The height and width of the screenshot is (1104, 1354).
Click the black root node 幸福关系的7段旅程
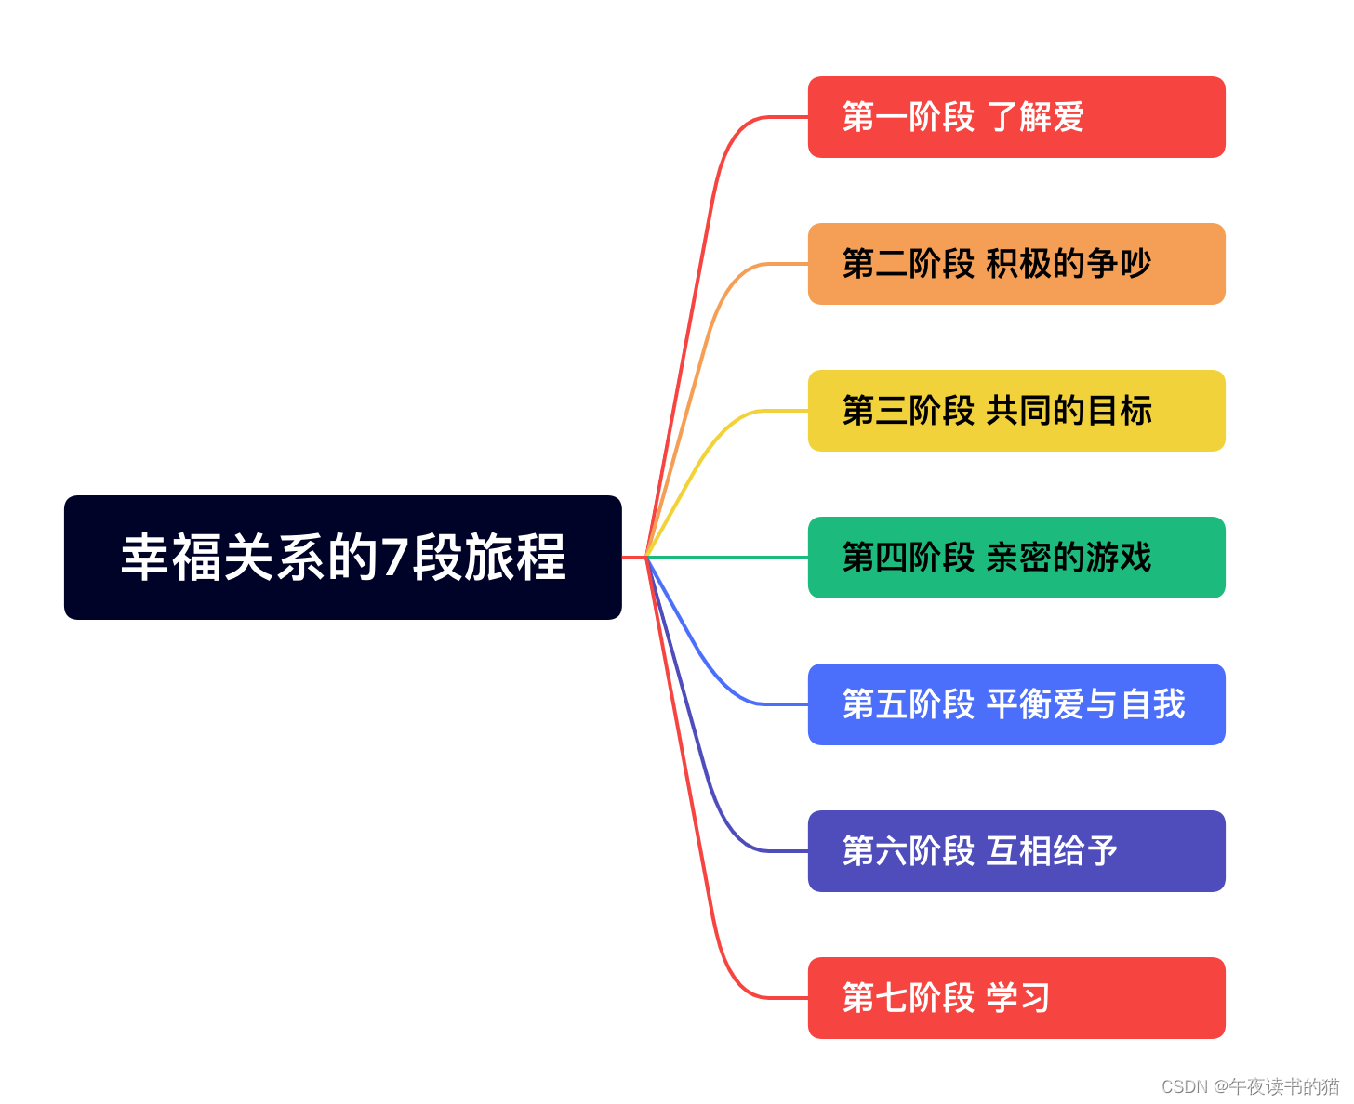click(342, 558)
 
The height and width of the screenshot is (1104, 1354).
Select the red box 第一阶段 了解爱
click(1015, 117)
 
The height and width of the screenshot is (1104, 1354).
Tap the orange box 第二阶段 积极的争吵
click(1015, 264)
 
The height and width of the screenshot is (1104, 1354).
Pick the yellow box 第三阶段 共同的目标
click(1015, 411)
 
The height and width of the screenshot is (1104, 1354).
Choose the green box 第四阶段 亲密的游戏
click(1015, 558)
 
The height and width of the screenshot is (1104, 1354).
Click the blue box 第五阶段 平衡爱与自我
click(1015, 704)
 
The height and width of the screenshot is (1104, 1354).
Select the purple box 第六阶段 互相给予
click(1015, 851)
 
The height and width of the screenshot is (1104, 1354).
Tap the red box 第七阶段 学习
click(1015, 998)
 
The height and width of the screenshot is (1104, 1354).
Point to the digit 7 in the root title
click(395, 559)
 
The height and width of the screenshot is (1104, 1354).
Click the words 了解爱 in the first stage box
click(1035, 117)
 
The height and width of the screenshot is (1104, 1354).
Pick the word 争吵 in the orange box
click(1119, 264)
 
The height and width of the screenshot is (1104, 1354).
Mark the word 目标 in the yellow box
click(1120, 411)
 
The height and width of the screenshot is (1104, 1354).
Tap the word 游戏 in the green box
click(1119, 558)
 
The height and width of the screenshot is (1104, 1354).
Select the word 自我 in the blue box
click(1153, 704)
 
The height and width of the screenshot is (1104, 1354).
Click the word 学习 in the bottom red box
click(1018, 998)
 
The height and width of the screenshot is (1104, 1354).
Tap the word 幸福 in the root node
click(172, 558)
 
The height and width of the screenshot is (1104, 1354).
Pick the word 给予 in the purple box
click(1085, 851)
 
